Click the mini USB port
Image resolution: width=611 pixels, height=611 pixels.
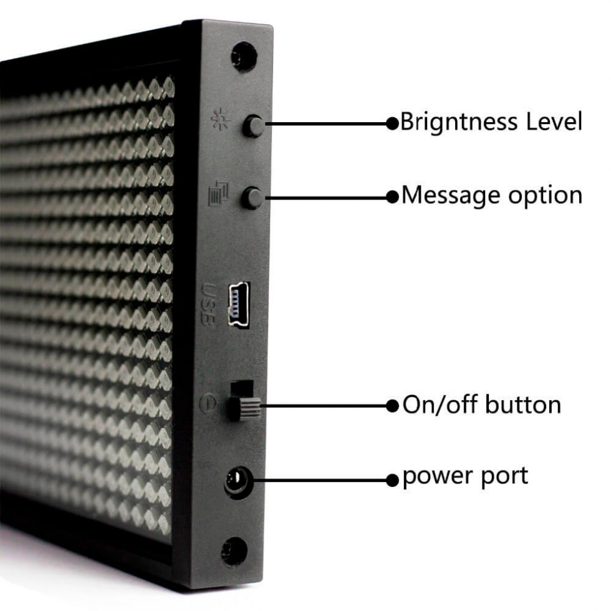(x=239, y=306)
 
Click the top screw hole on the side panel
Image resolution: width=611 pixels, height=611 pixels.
(x=244, y=57)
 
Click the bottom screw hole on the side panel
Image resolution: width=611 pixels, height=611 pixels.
(x=234, y=551)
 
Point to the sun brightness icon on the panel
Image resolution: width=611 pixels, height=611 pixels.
(x=221, y=120)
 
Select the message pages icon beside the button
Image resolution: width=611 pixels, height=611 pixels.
(x=219, y=194)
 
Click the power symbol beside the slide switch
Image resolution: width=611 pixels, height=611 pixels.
(x=208, y=403)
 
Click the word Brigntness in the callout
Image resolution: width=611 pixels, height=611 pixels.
(x=459, y=122)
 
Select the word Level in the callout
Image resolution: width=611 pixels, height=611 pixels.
(x=554, y=121)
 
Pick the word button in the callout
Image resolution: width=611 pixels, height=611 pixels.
(x=523, y=405)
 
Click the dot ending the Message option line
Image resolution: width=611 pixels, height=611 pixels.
(x=392, y=197)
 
